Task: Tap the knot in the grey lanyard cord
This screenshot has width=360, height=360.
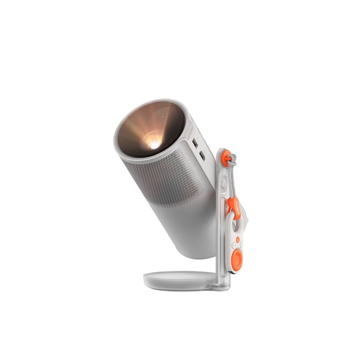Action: click(232, 164)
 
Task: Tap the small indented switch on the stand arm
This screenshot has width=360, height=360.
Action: click(222, 183)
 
